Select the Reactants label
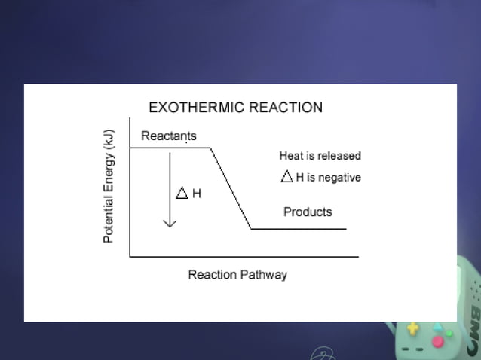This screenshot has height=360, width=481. tap(169, 136)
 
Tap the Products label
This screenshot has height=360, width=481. tap(308, 212)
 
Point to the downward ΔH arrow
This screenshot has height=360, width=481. tap(170, 188)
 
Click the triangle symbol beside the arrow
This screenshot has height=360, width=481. tap(182, 193)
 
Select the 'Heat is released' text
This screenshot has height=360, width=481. tap(320, 156)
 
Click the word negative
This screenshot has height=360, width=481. tap(339, 178)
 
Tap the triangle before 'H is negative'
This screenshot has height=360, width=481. tap(286, 178)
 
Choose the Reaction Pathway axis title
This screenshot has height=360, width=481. tap(237, 274)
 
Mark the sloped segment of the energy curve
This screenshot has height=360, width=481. tap(231, 188)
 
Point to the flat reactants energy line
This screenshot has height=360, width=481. tap(170, 148)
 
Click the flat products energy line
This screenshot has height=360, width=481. tap(299, 228)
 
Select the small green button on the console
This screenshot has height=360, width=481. tap(449, 333)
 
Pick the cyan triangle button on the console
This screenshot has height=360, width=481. tap(437, 325)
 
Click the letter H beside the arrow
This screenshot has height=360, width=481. tap(197, 194)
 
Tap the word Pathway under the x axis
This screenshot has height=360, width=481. tap(263, 274)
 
